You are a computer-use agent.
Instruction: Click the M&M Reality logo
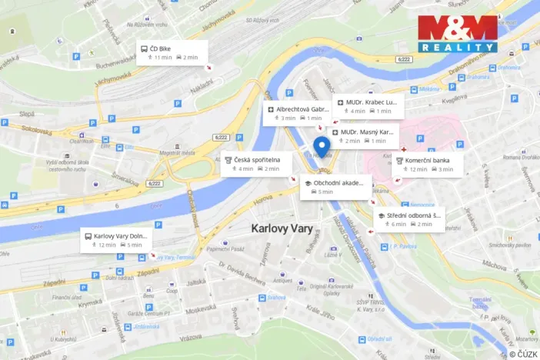click(457, 34)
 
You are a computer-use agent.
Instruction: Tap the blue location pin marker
click(323, 146)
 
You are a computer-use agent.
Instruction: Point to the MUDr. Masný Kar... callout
click(365, 136)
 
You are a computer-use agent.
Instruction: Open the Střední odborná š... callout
click(408, 219)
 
